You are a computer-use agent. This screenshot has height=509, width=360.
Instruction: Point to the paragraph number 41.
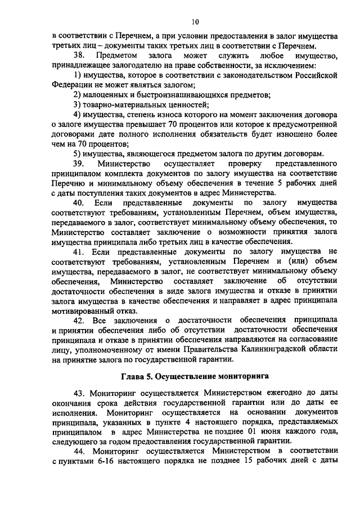pos(79,251)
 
